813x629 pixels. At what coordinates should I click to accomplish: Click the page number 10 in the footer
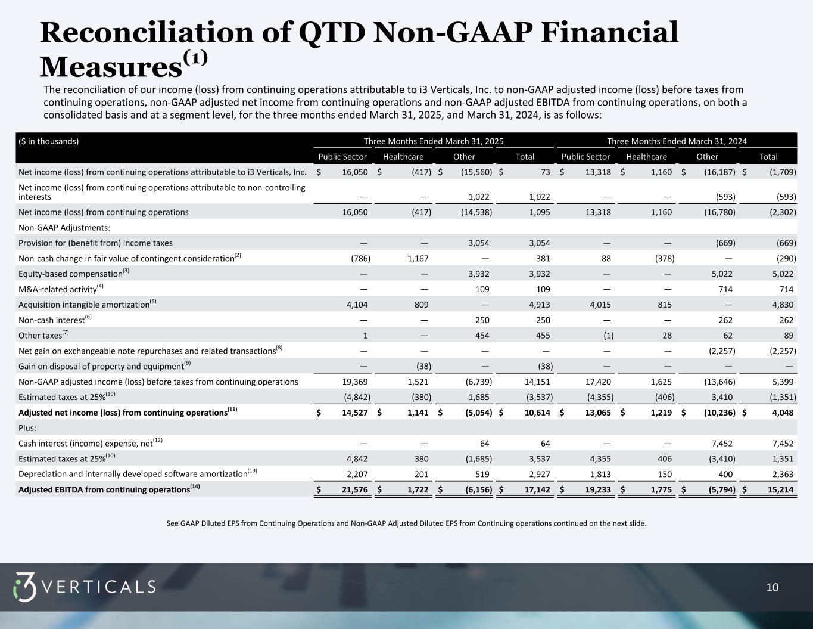pos(772,588)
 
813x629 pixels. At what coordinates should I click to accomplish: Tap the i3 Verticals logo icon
pos(24,587)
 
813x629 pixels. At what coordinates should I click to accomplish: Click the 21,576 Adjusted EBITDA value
pos(355,489)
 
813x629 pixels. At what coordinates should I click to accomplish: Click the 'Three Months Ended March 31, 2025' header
pos(434,141)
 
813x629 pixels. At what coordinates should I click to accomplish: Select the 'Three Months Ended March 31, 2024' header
pos(677,141)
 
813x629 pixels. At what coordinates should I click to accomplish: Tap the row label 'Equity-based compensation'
pos(70,274)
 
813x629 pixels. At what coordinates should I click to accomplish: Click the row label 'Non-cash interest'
pos(52,320)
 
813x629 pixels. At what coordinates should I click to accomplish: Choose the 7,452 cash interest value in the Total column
pos(781,444)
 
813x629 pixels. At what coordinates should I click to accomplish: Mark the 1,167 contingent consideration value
pos(417,259)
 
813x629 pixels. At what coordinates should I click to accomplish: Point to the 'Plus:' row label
pos(27,428)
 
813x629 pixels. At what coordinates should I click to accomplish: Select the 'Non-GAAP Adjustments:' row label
pos(64,228)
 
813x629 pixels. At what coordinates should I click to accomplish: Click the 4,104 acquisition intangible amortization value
pos(357,305)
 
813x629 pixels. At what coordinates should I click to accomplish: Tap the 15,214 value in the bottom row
pos(781,489)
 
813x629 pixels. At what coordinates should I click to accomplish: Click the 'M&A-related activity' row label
pos(58,289)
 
